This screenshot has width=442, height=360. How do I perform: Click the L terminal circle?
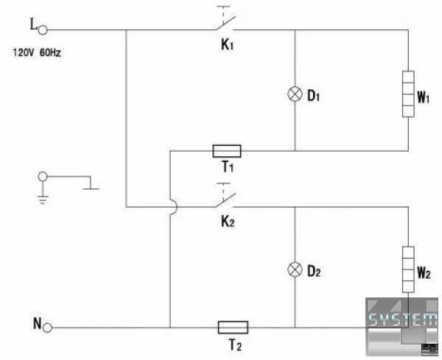(x=43, y=30)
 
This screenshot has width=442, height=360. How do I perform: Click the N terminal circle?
(x=47, y=328)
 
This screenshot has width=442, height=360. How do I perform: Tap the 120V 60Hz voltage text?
(x=37, y=53)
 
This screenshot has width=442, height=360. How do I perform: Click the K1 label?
(x=227, y=45)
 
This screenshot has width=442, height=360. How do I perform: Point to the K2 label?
(x=228, y=222)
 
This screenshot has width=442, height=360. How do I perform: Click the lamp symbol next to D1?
(x=295, y=93)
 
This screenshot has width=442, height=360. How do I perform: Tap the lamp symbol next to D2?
(x=295, y=270)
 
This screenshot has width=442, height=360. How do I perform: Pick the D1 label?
(x=314, y=96)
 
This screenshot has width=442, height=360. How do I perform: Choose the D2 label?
(x=314, y=271)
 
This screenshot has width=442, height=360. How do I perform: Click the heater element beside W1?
(x=408, y=93)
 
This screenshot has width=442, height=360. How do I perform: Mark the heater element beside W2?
(x=408, y=269)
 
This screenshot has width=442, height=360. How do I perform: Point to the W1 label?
(x=424, y=97)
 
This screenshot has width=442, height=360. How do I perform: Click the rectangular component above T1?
(x=227, y=151)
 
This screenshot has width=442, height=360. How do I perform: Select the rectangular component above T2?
(x=233, y=328)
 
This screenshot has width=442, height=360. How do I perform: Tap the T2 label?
(x=235, y=345)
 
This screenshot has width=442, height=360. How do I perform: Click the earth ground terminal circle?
(x=43, y=177)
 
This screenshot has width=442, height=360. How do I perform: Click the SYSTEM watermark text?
(x=403, y=320)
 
